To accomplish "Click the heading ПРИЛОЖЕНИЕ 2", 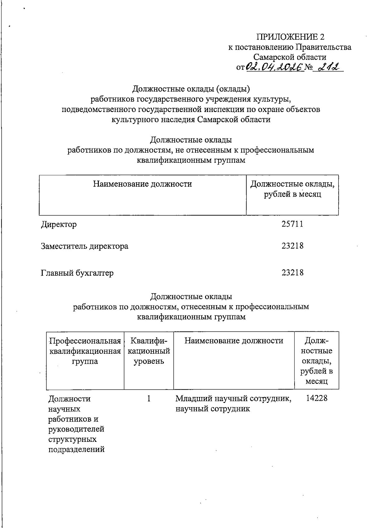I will point(290,37).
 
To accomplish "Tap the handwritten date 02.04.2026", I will point(275,67).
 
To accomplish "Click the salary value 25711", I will point(292,224).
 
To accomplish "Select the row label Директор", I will point(59,224).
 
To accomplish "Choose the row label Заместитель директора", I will point(85,246).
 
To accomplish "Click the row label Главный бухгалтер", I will point(77,273).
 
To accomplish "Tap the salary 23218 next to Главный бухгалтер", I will point(292,273).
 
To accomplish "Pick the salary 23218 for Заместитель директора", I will point(292,246).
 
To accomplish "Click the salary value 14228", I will point(317,398).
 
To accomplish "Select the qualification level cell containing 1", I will point(149,399).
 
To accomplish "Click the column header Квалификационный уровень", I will point(149,351).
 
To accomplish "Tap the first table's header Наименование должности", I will point(142,184).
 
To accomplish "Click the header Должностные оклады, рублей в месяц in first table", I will point(292,189).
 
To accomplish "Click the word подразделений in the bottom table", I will point(76,450).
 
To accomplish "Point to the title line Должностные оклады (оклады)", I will point(191,89).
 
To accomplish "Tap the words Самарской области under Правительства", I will point(290,57).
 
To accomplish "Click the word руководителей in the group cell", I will point(76,429).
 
